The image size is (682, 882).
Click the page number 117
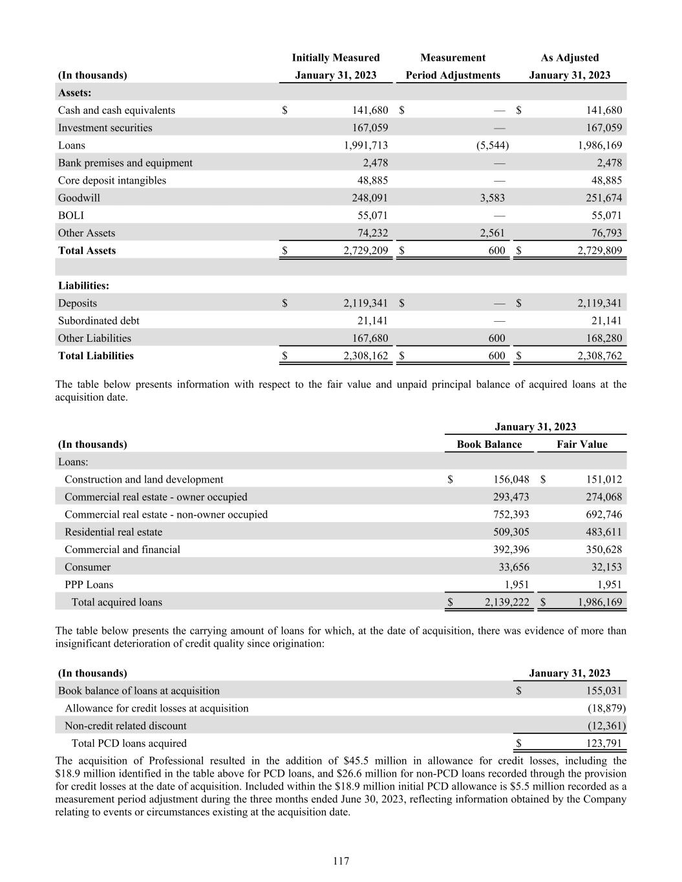(341, 861)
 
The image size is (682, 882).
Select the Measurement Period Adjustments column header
(453, 67)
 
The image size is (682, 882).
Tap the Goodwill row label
(79, 198)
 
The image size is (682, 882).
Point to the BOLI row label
(70, 215)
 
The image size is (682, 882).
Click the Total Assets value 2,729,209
(365, 251)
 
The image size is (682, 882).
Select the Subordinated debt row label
(98, 320)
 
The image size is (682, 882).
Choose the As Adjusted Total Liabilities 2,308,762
(599, 356)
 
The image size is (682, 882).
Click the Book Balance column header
(489, 444)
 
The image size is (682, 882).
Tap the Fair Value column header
(582, 444)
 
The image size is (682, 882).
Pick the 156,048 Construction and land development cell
(506, 479)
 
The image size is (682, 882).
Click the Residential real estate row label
(113, 532)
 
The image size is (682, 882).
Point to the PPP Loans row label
(89, 585)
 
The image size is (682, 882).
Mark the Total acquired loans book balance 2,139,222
(506, 602)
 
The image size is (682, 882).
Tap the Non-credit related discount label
(125, 726)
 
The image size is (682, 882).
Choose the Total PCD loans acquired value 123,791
(602, 743)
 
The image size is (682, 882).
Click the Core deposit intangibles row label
(112, 180)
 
